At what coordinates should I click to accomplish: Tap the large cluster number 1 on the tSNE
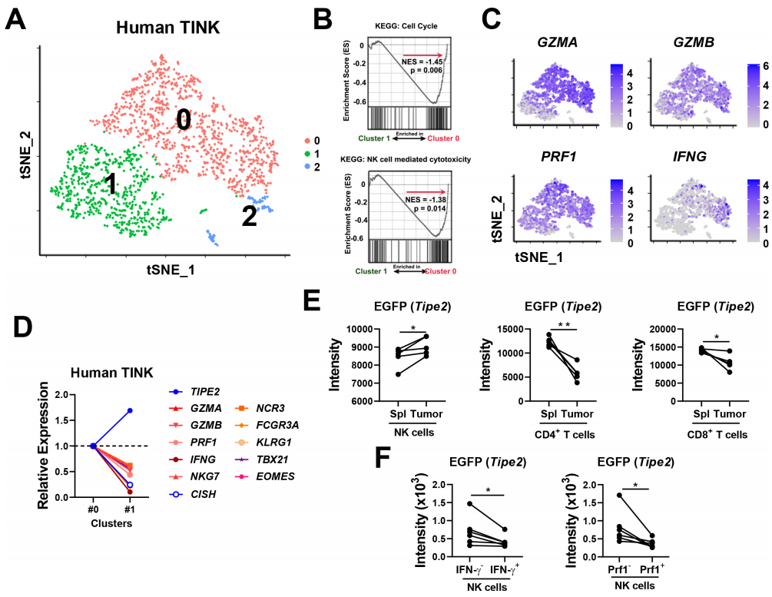point(111,184)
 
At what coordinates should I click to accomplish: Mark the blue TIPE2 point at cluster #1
point(130,410)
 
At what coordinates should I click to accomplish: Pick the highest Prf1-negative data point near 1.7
point(597,496)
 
